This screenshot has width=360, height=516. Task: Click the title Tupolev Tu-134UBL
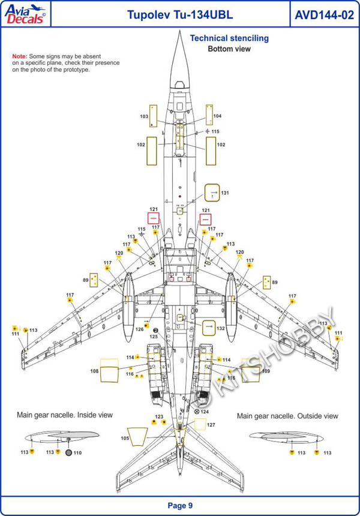point(171,15)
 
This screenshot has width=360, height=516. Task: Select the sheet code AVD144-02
point(324,15)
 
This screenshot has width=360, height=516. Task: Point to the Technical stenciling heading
point(229,38)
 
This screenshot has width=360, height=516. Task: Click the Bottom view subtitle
point(229,49)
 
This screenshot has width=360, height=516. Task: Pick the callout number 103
point(144,116)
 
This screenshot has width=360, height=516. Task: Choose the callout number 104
point(217,116)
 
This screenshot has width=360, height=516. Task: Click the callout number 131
point(225,193)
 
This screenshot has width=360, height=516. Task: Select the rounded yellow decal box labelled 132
point(208,328)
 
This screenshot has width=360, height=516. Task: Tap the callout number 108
point(94,371)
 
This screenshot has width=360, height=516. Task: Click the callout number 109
point(265,371)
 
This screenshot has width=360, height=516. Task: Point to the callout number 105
point(124,439)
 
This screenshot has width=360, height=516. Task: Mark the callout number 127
point(211,425)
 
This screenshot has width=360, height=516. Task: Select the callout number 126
point(139,329)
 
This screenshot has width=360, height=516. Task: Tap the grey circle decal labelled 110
point(68,452)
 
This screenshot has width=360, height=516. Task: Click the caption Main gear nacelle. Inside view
point(64,415)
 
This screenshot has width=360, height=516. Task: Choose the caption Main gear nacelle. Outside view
point(287,416)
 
